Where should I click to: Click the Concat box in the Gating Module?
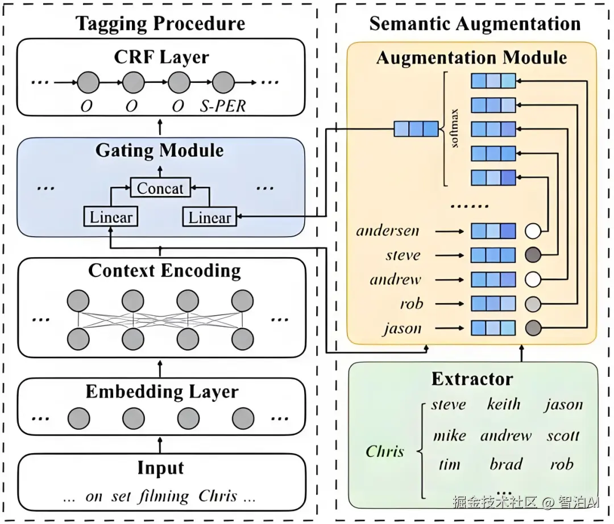[160, 188]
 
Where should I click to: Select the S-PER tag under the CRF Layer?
[223, 106]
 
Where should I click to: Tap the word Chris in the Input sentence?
[217, 496]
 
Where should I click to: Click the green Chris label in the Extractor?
[385, 452]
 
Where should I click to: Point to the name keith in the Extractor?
[504, 405]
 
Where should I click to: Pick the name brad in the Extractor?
[505, 464]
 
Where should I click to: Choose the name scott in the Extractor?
[563, 435]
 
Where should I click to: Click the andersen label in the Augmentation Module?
[388, 230]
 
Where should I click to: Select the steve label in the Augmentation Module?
[403, 255]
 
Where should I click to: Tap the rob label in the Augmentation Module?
[411, 304]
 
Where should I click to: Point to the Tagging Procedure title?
[161, 23]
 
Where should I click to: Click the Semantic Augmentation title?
[475, 23]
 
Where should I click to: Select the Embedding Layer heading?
[162, 392]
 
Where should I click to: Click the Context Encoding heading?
[164, 271]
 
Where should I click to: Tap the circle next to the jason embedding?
[533, 328]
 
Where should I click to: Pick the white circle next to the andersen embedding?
[533, 230]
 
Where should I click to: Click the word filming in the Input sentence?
[164, 496]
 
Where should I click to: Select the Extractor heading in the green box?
[472, 379]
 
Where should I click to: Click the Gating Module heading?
[159, 150]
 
